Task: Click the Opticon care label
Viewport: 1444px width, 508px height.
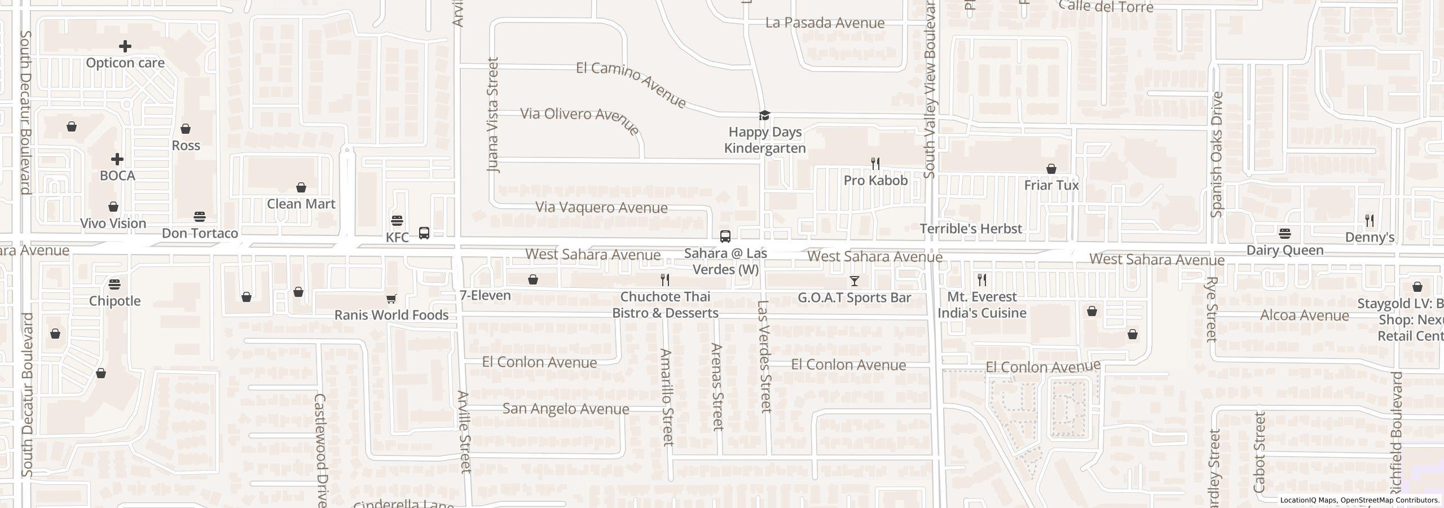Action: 125,63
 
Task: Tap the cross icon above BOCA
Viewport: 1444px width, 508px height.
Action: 117,159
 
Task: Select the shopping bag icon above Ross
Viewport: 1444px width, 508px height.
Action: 186,129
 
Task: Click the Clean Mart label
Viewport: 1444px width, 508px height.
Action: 301,204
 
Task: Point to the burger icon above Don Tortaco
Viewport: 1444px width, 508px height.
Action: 199,217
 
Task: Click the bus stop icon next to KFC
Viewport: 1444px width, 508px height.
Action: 424,233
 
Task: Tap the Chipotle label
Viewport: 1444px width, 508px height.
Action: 115,301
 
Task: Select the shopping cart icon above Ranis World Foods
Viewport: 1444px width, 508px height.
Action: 391,299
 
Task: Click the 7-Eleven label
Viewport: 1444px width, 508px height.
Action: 485,295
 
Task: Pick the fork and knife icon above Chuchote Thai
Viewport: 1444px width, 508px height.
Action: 665,280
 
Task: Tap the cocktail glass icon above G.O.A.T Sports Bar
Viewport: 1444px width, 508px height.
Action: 855,281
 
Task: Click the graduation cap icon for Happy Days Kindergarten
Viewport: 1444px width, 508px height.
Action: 764,116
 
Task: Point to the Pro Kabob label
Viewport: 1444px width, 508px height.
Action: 875,180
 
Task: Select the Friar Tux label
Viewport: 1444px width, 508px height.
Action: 1051,185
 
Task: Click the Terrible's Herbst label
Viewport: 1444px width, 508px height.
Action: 971,229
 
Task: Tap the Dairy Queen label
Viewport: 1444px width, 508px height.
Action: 1285,250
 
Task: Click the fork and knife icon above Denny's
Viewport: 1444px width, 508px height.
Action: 1369,220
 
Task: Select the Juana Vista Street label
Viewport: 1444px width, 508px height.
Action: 494,115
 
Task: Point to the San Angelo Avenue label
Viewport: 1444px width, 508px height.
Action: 566,409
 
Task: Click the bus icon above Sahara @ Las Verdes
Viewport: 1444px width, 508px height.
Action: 725,237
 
